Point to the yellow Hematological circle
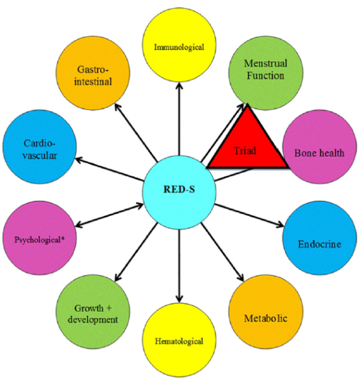click(179, 341)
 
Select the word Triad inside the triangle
click(246, 151)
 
